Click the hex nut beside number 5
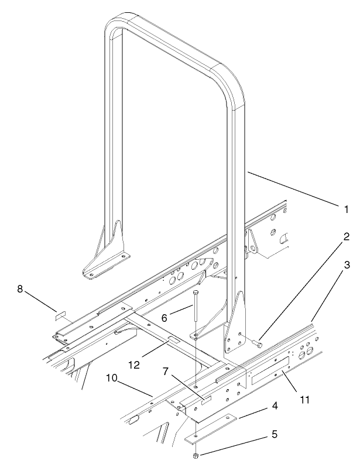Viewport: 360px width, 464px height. [x=194, y=456]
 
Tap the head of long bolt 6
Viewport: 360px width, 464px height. [x=194, y=291]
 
